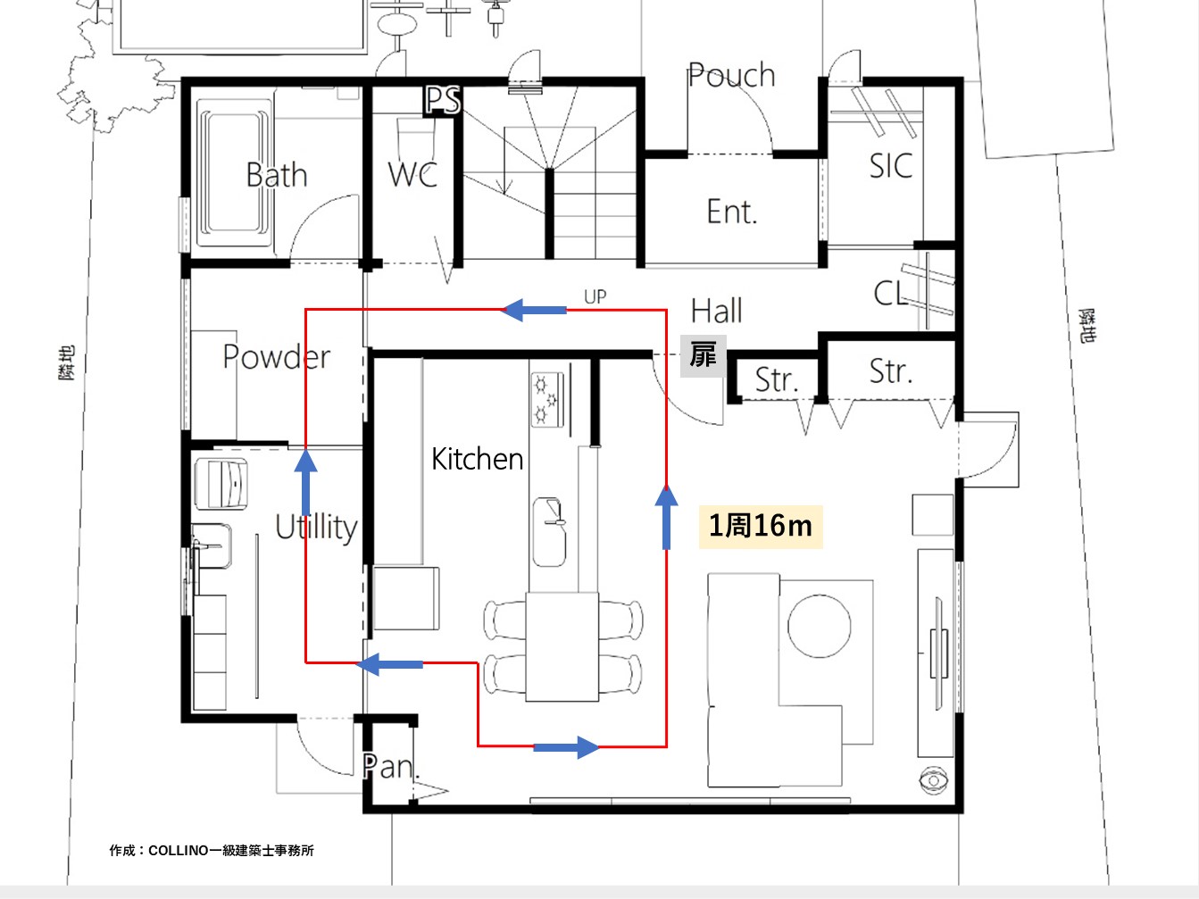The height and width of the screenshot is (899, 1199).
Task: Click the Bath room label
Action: point(277,175)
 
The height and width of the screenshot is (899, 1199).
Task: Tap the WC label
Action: point(413,174)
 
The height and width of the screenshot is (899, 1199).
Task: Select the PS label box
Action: point(443,101)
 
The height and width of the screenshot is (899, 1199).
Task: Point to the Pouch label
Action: point(731,75)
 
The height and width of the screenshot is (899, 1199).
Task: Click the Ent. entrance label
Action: point(732,212)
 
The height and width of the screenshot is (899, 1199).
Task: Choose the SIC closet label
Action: point(891,166)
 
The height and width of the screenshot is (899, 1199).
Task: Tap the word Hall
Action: point(717,311)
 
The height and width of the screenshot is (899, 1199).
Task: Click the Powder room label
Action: point(277,356)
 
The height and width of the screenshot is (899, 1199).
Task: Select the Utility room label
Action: point(316,527)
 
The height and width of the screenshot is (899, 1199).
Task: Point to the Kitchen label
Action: point(478,459)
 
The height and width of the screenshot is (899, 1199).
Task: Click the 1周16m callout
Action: point(761,527)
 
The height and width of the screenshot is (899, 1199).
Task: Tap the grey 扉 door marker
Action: point(703,356)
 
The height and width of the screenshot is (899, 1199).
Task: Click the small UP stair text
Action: point(595,296)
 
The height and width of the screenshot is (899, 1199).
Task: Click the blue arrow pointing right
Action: point(566,747)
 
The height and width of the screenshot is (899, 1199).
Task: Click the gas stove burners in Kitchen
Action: point(547,400)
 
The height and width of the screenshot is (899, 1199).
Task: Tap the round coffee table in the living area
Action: point(819,626)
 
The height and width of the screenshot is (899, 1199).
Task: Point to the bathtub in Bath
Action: point(234,172)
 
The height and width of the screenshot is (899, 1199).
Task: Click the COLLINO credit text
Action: point(212,851)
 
